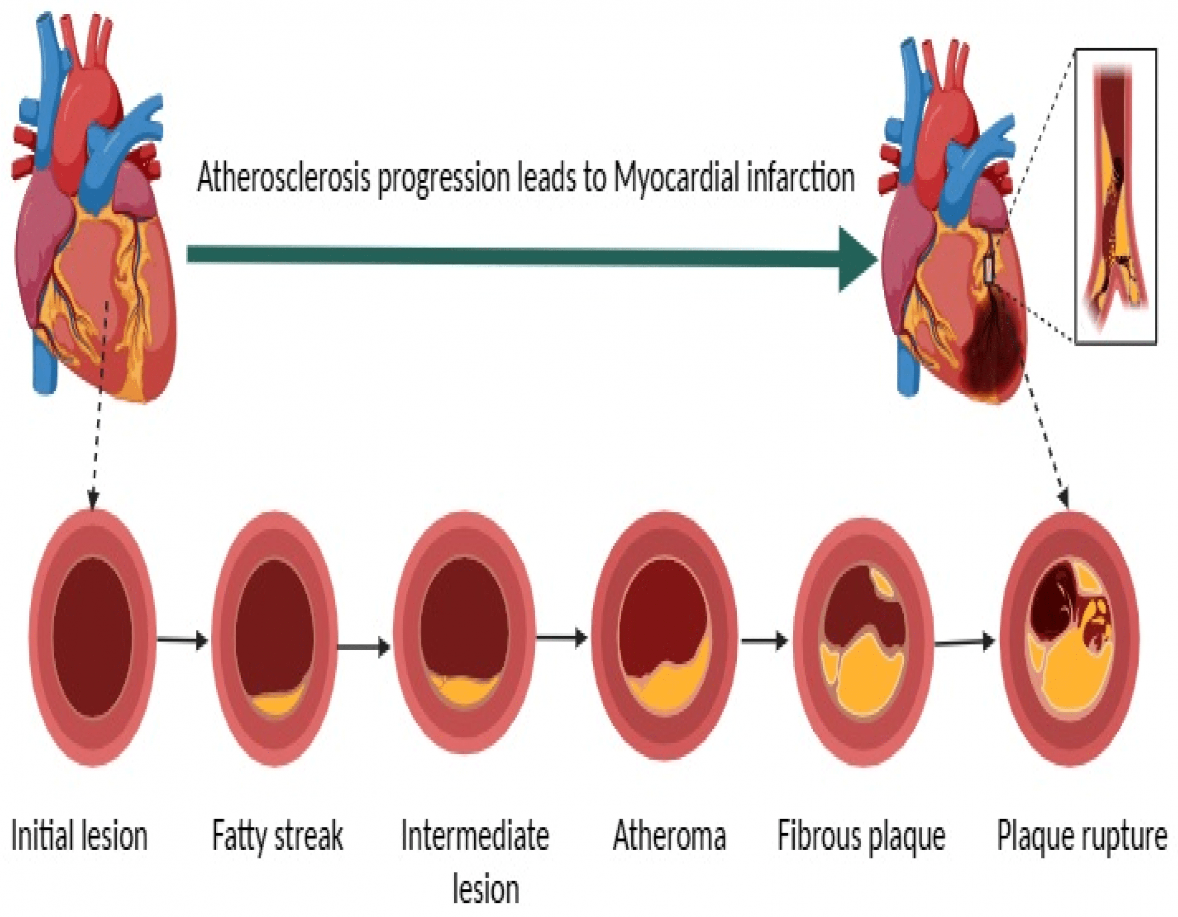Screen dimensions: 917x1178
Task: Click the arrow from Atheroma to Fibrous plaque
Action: point(765,641)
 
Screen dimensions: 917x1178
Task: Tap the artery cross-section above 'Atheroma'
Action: point(664,636)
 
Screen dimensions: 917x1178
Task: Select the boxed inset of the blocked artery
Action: point(1116,197)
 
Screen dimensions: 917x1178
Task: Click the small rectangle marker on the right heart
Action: point(989,269)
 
